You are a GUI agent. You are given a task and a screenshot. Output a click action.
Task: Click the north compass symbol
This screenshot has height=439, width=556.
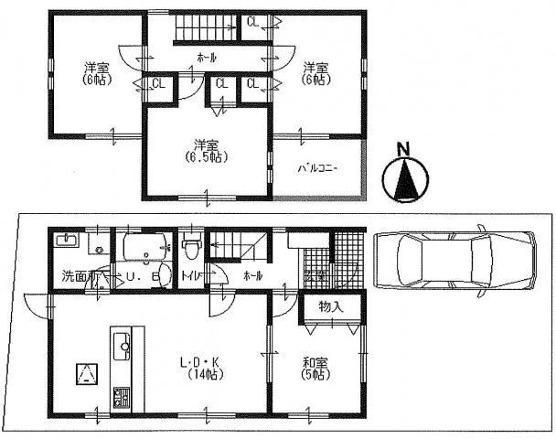click(403, 179)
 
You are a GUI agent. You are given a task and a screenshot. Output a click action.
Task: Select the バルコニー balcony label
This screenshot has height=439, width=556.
click(317, 168)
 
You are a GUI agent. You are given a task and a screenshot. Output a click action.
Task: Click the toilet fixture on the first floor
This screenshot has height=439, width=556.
click(190, 246)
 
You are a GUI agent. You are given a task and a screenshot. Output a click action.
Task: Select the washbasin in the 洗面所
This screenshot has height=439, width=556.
click(66, 241)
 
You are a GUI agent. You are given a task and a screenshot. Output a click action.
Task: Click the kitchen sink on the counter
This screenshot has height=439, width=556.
click(121, 347)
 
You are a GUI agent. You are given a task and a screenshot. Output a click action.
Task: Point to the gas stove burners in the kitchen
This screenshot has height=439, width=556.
click(121, 398)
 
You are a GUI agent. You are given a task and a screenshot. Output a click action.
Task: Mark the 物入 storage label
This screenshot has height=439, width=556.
click(331, 305)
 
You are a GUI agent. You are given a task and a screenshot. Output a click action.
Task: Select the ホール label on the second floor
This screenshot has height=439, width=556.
click(207, 58)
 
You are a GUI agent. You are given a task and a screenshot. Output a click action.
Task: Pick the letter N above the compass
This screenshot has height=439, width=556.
click(403, 147)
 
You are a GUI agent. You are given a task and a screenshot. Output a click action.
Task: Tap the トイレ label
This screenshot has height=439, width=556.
click(190, 274)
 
